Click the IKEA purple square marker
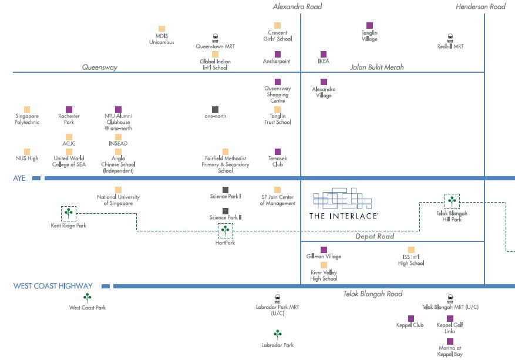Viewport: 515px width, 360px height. (324, 54)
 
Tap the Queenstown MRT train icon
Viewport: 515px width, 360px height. (215, 38)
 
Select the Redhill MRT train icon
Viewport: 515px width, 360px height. (450, 38)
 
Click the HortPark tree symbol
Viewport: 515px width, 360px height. (225, 230)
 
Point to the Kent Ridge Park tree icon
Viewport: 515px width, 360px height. (69, 213)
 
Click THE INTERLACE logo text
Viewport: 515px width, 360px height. (344, 216)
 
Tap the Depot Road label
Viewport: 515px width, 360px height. (375, 236)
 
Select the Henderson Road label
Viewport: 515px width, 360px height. (480, 6)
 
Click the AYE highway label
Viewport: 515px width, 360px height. (19, 178)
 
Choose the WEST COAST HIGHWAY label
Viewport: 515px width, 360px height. (53, 286)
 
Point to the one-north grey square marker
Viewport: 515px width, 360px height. (215, 109)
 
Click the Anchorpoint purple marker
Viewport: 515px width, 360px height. (278, 54)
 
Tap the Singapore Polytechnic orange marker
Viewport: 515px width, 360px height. (27, 109)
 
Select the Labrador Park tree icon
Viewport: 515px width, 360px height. (278, 334)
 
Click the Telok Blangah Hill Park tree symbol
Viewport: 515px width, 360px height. (452, 201)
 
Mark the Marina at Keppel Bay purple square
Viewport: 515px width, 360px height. (450, 341)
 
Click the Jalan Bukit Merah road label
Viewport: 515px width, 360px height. (377, 67)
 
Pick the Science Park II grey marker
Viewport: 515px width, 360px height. (225, 211)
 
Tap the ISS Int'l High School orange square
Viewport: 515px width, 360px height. (411, 250)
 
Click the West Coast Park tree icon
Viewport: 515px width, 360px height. (87, 298)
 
